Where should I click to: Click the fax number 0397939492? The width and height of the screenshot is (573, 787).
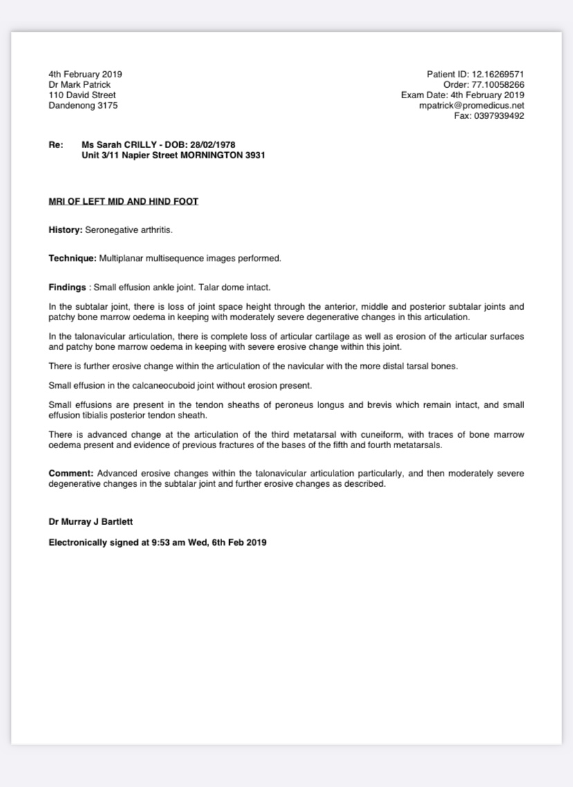click(x=498, y=115)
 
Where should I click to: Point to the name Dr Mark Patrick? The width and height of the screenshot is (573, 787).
click(x=79, y=84)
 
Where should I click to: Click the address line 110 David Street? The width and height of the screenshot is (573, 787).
click(x=82, y=95)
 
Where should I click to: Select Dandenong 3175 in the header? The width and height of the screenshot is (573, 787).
click(x=82, y=105)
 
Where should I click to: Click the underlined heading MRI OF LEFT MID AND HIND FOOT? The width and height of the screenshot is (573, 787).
click(x=123, y=201)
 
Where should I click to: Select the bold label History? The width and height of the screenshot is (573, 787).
click(x=65, y=230)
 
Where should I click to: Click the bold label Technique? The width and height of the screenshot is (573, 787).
click(x=72, y=258)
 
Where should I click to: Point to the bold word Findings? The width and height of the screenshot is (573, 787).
click(x=67, y=286)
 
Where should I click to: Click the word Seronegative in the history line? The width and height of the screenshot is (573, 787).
click(x=109, y=230)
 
